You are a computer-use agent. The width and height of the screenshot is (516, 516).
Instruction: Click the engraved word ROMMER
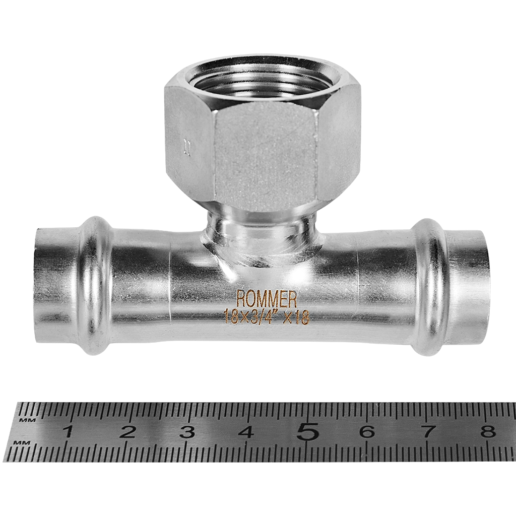(267, 299)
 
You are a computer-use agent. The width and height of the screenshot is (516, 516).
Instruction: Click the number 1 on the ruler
(68, 432)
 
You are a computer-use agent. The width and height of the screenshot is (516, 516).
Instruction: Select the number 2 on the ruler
(127, 432)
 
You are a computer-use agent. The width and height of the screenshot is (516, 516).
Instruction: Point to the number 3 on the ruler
(187, 432)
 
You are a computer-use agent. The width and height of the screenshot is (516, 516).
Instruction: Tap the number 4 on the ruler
(246, 432)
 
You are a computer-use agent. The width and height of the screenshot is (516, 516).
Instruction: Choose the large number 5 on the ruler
(308, 431)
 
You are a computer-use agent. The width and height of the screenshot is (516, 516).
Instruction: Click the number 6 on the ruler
(367, 432)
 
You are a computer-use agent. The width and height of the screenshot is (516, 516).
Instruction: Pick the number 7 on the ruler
(427, 432)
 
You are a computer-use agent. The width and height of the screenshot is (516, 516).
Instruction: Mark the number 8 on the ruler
(487, 432)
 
